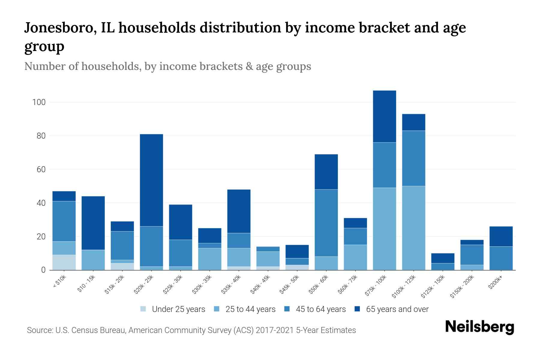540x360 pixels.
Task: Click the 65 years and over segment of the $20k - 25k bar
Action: tap(151, 180)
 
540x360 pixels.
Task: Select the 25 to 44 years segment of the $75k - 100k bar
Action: tap(384, 229)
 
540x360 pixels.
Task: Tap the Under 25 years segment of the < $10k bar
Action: tap(64, 262)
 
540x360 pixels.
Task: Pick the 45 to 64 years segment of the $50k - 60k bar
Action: tap(326, 223)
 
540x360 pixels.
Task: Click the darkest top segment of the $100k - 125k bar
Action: tap(413, 122)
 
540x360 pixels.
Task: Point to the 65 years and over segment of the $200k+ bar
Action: tap(501, 236)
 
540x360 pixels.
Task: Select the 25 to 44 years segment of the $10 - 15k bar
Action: tap(93, 260)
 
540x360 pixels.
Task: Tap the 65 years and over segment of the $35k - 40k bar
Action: tap(239, 211)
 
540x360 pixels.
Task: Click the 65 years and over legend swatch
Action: tap(357, 309)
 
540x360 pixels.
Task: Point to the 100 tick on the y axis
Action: tap(39, 102)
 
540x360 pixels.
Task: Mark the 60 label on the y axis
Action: tap(41, 169)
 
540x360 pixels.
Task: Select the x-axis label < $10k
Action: tap(59, 282)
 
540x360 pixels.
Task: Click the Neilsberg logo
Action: tap(479, 327)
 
